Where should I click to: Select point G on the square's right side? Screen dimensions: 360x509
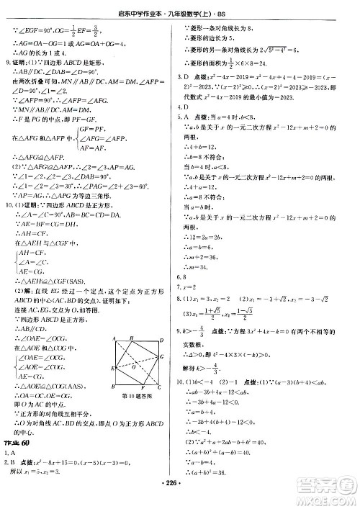coord(166,406)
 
